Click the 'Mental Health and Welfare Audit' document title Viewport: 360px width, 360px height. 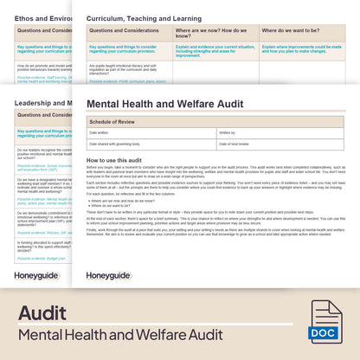point(170,102)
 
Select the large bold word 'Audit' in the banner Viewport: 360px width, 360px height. point(42,312)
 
